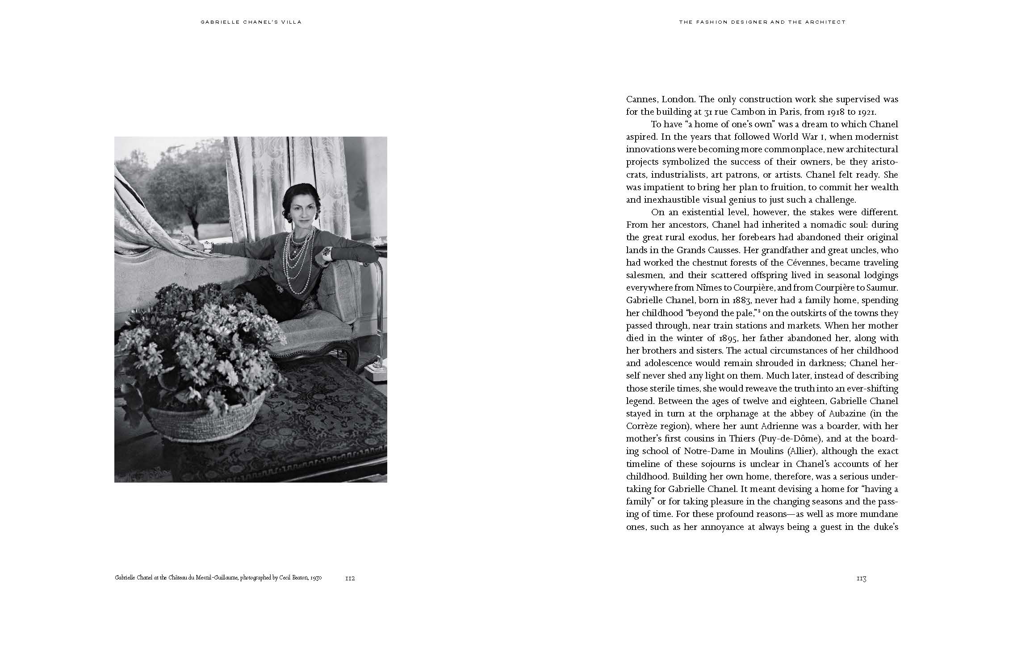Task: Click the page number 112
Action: [x=350, y=578]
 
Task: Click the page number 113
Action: [x=862, y=579]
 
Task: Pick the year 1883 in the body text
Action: [x=724, y=300]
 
